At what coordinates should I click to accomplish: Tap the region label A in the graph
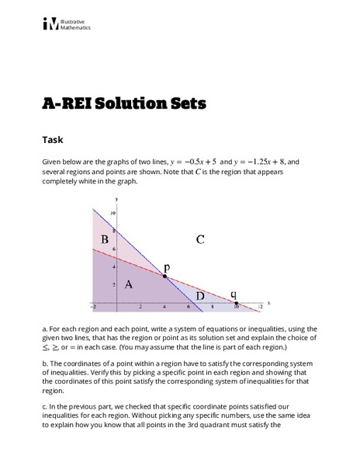pyautogui.click(x=130, y=285)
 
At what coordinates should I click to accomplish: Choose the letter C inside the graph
pyautogui.click(x=200, y=238)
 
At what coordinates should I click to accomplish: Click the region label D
pyautogui.click(x=199, y=295)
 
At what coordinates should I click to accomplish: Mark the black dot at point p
pyautogui.click(x=164, y=276)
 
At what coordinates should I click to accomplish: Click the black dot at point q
pyautogui.click(x=237, y=303)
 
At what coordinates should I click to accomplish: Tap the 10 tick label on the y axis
pyautogui.click(x=112, y=212)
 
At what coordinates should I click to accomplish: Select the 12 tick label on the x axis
pyautogui.click(x=260, y=308)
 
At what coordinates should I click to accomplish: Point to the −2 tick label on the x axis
pyautogui.click(x=94, y=308)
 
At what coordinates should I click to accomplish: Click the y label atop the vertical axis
pyautogui.click(x=117, y=201)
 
